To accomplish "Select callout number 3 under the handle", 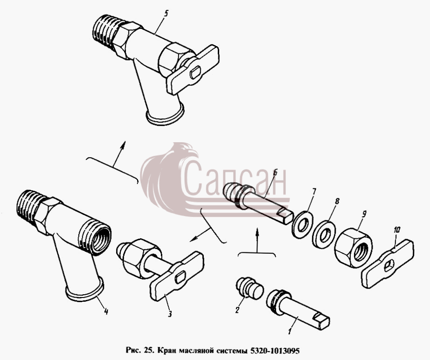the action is click(x=170, y=314).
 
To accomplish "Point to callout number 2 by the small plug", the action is click(x=237, y=310).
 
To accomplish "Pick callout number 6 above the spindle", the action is click(x=275, y=172).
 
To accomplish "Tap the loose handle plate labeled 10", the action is click(x=388, y=263).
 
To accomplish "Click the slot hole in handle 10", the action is click(x=389, y=265).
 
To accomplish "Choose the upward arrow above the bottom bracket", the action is click(x=257, y=240).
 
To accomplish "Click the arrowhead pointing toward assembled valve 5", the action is click(x=123, y=145).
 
